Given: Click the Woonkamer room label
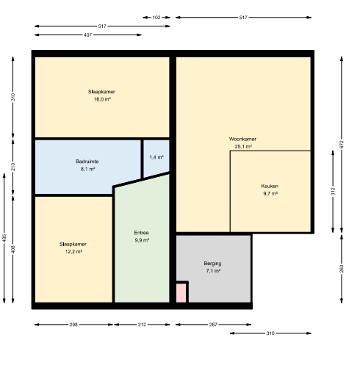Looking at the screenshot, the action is pos(242,139).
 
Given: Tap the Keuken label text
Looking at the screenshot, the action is pos(270,186).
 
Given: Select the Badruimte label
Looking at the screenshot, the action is pos(87,162).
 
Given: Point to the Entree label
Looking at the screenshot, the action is pos(141,233).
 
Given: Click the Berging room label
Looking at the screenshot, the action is pos(212,264).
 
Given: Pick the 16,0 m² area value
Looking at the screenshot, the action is pos(102,99).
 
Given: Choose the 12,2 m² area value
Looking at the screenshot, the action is pos(73,251).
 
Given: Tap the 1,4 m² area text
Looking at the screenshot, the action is pos(156,157).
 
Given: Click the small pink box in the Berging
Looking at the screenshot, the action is pos(181,293).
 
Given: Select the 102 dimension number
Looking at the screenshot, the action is pos(156,18).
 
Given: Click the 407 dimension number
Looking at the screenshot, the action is pos(87,35).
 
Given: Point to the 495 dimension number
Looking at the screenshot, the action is pos(4,238).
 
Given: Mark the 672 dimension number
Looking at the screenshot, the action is pos(342,145).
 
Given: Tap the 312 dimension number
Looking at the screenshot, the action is pos(333,192).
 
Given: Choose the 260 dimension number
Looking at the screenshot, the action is pos(342,269).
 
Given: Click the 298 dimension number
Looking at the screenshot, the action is pos(73,325).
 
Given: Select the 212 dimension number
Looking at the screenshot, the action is pos(142,325).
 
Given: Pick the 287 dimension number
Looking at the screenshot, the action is pos(213,325).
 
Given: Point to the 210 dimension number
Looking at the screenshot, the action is pos(13,167).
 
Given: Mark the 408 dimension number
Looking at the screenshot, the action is pos(13,250).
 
